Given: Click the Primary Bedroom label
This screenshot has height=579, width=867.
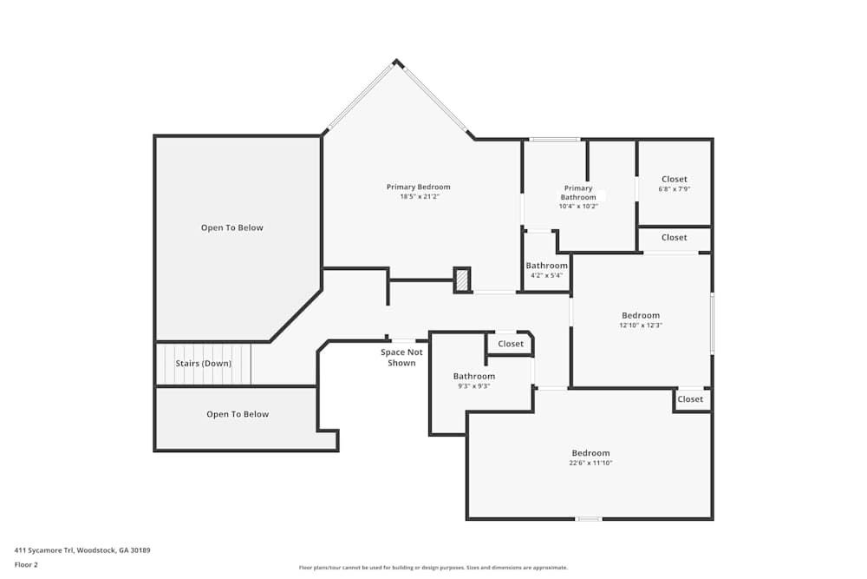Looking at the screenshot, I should click(418, 187).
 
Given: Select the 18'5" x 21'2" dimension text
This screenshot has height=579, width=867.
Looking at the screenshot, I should click(418, 197).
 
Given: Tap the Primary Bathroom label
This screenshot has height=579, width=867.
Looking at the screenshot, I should click(578, 193).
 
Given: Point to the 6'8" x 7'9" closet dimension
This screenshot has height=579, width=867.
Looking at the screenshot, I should click(674, 189).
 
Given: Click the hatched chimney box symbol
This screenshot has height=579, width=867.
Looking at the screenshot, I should click(462, 280).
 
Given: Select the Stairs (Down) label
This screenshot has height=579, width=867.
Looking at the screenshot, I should click(204, 364).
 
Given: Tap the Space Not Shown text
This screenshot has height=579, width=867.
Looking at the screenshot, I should click(401, 357).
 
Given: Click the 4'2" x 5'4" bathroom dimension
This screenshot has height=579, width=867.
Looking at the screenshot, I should click(546, 275).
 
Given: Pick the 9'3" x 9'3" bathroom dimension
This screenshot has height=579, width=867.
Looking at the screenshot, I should click(473, 386).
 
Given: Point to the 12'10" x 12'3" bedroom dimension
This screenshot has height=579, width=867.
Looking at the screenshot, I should click(641, 326).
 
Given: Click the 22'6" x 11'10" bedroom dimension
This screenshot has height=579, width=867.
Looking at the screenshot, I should click(590, 464).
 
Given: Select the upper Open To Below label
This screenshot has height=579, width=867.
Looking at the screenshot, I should click(231, 228).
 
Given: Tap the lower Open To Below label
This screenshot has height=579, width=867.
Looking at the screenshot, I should click(238, 415).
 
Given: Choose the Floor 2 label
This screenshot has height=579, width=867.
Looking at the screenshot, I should click(26, 564).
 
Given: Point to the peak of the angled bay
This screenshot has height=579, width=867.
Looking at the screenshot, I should click(397, 62).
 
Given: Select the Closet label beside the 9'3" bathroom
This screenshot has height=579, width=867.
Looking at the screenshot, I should click(511, 345).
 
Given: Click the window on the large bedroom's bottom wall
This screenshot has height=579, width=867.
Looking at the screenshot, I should click(589, 519).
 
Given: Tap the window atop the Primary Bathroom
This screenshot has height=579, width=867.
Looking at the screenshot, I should click(555, 139).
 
